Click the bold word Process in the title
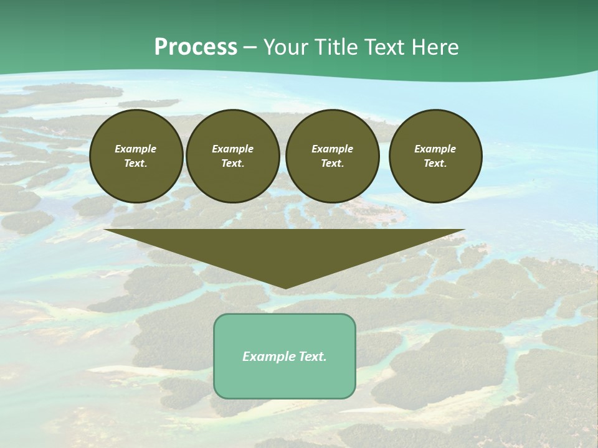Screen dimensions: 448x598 click(196, 47)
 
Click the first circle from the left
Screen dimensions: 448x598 click(136, 156)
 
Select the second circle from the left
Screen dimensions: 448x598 click(233, 156)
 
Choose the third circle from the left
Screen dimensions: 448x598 click(333, 156)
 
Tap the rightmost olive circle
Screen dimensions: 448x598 click(435, 156)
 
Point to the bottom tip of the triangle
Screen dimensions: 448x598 click(285, 287)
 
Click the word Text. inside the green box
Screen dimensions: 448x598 click(311, 357)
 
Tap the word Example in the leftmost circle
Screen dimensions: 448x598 click(136, 149)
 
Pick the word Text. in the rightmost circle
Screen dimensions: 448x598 click(435, 164)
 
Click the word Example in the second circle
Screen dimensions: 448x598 click(233, 149)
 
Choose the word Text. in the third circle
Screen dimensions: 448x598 click(333, 164)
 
